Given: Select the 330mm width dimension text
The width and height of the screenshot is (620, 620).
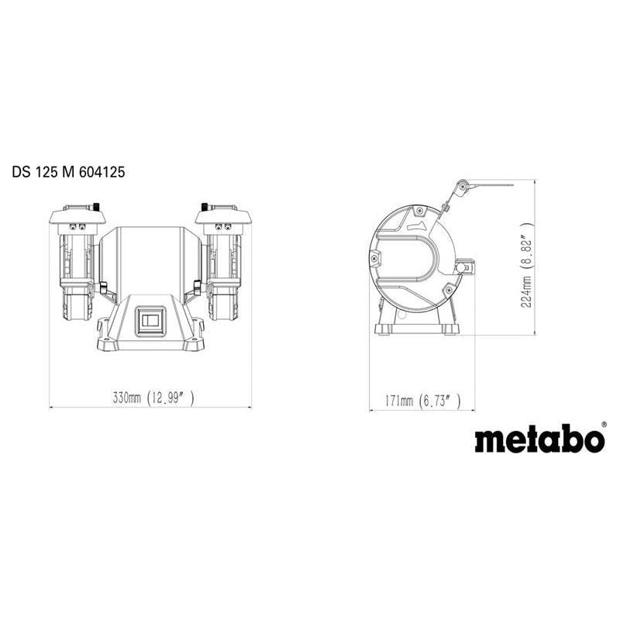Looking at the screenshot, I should coord(128,399).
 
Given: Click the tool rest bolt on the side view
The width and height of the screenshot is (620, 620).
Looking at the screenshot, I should coord(467,268).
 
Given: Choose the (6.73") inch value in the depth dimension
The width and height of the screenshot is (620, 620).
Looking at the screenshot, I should coord(439,401).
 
